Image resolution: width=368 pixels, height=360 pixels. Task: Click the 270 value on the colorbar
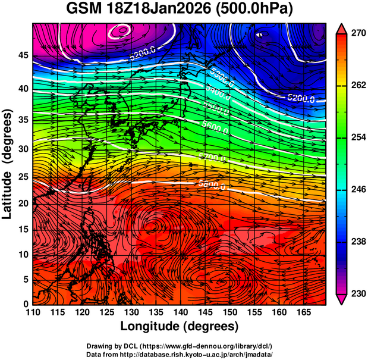tap(356, 35)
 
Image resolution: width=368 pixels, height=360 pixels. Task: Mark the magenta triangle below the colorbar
tap(341, 300)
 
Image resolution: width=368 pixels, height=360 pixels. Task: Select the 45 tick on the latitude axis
tap(23, 55)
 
